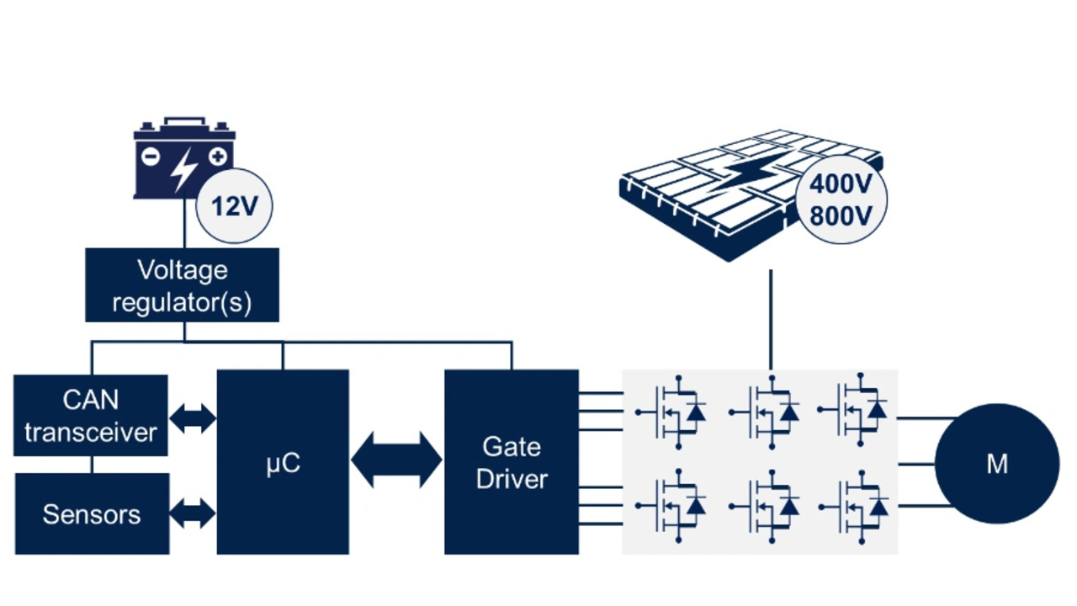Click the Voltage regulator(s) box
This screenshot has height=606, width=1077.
[x=182, y=284]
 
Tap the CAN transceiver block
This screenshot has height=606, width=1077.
[x=91, y=416]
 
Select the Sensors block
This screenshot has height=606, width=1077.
[x=92, y=514]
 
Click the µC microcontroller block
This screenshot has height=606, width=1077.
[x=283, y=462]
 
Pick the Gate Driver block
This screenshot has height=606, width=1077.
[x=512, y=462]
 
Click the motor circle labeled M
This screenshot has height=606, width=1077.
[x=997, y=464]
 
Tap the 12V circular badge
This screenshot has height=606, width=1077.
[x=233, y=205]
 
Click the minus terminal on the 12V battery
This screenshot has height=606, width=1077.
[x=150, y=157]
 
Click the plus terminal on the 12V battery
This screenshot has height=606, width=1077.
[x=218, y=157]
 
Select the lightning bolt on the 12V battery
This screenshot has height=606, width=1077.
[x=183, y=169]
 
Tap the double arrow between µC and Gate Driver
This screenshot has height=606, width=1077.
[x=396, y=460]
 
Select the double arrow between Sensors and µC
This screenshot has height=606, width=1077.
[x=193, y=513]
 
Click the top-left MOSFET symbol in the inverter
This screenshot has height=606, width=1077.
[x=673, y=411]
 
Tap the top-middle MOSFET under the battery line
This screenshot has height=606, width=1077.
[x=766, y=411]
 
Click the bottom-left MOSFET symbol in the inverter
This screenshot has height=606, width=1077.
[x=673, y=505]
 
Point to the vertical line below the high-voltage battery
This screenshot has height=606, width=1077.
[x=770, y=320]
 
